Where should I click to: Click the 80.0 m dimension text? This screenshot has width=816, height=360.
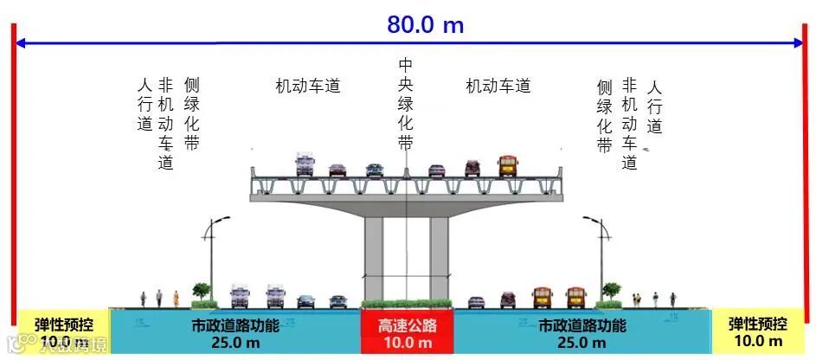[x=425, y=24]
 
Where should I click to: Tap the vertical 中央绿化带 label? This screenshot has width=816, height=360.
[x=405, y=105]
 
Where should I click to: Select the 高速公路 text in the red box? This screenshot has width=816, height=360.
[x=407, y=326]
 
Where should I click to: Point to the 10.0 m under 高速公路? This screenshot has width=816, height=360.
[x=407, y=344]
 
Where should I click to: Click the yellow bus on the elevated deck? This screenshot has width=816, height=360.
[x=507, y=165]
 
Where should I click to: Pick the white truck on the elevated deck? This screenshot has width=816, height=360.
[x=304, y=164]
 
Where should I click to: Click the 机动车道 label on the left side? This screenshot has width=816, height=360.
[x=308, y=86]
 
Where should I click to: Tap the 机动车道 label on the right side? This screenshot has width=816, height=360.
[x=498, y=86]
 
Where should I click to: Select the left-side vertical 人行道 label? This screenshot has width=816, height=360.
[x=145, y=105]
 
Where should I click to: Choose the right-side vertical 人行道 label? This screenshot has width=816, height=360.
[x=654, y=105]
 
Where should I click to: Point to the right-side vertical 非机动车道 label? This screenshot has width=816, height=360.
[x=630, y=123]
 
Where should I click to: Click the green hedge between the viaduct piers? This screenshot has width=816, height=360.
[x=406, y=304]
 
